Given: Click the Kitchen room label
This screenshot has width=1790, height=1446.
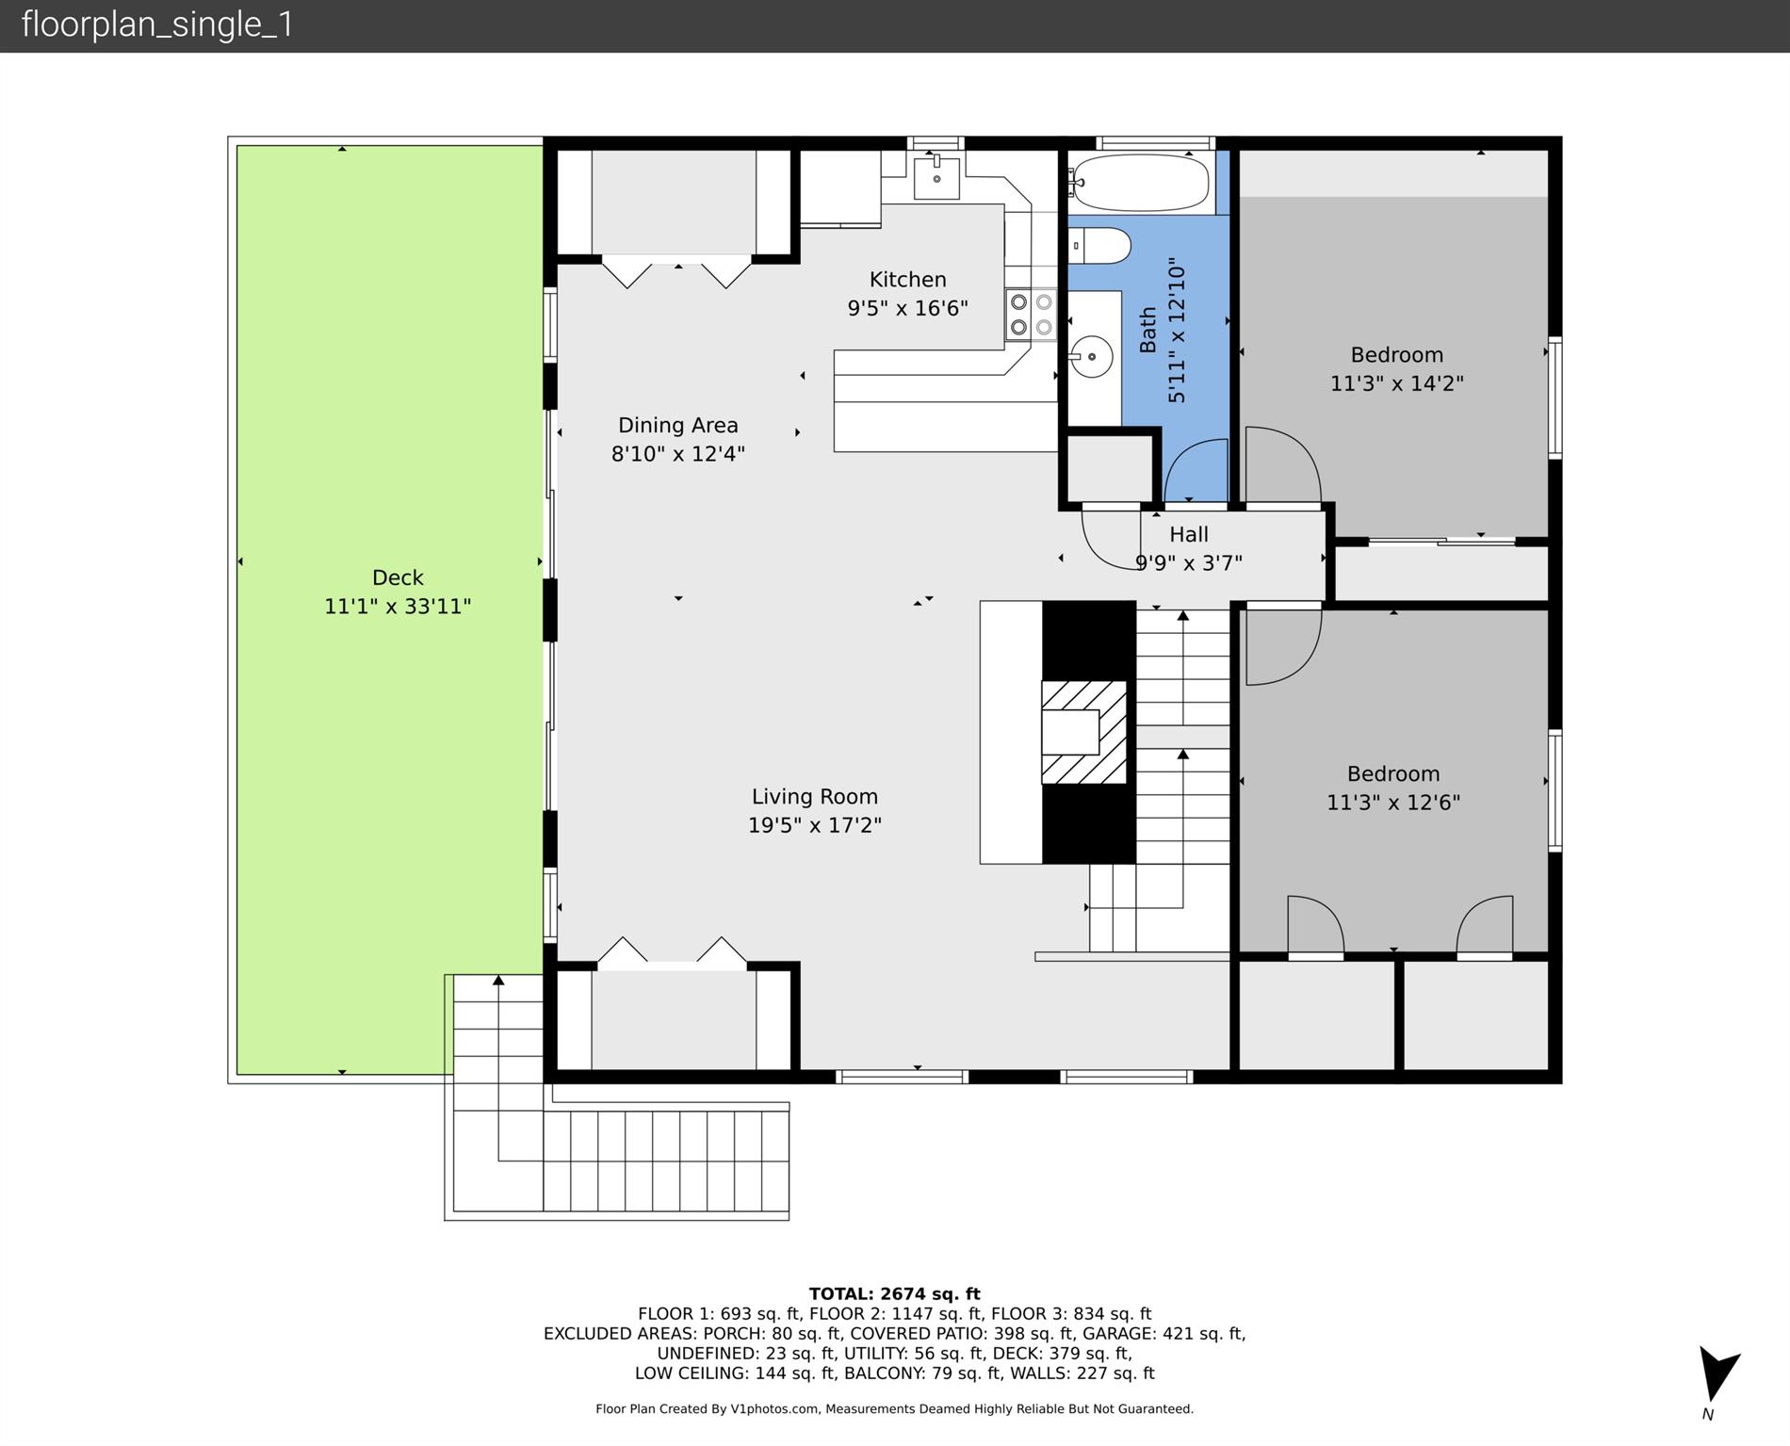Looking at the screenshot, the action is (907, 280).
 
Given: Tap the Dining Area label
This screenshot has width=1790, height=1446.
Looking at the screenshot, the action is (677, 426).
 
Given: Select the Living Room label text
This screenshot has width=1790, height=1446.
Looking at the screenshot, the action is (814, 797).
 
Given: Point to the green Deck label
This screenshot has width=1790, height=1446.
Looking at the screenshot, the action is (398, 577).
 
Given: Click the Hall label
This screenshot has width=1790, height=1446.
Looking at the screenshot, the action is (1189, 535).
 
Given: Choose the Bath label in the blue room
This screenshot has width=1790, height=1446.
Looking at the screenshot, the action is (1147, 330).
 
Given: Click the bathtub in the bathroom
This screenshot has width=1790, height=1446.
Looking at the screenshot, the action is (1141, 183).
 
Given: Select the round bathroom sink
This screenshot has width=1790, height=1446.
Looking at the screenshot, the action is (1091, 357).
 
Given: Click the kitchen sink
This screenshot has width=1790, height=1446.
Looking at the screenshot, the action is (936, 178).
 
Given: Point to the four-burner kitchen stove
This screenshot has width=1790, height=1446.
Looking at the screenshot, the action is (1031, 315).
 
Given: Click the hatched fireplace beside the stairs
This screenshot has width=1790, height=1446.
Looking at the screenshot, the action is (1083, 732).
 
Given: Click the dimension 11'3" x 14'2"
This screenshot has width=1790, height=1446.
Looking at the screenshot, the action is (1396, 383).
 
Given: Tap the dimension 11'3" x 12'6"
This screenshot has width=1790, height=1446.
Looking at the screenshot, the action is (1393, 803).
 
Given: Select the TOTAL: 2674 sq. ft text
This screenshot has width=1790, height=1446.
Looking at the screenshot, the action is (894, 1294).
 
